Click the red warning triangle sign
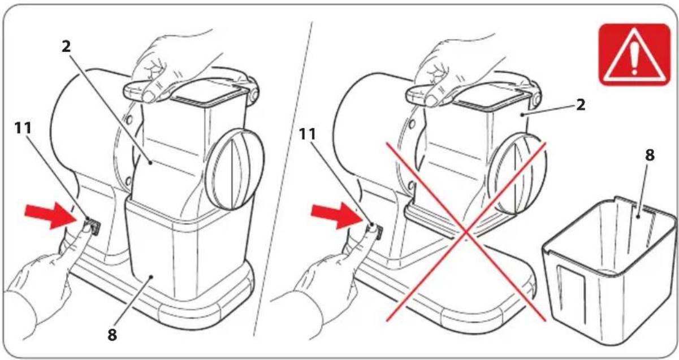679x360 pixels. coord(634,55)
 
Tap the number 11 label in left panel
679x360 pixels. coord(23,128)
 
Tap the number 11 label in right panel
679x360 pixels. coord(308,134)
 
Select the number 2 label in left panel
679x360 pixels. coord(66,46)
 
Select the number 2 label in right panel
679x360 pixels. coord(581,105)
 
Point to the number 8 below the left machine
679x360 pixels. coord(112,335)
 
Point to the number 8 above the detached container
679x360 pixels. coord(650,155)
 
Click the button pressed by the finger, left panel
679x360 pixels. coord(93,227)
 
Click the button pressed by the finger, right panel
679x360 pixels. coord(377,231)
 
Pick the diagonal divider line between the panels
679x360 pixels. coord(283,179)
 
